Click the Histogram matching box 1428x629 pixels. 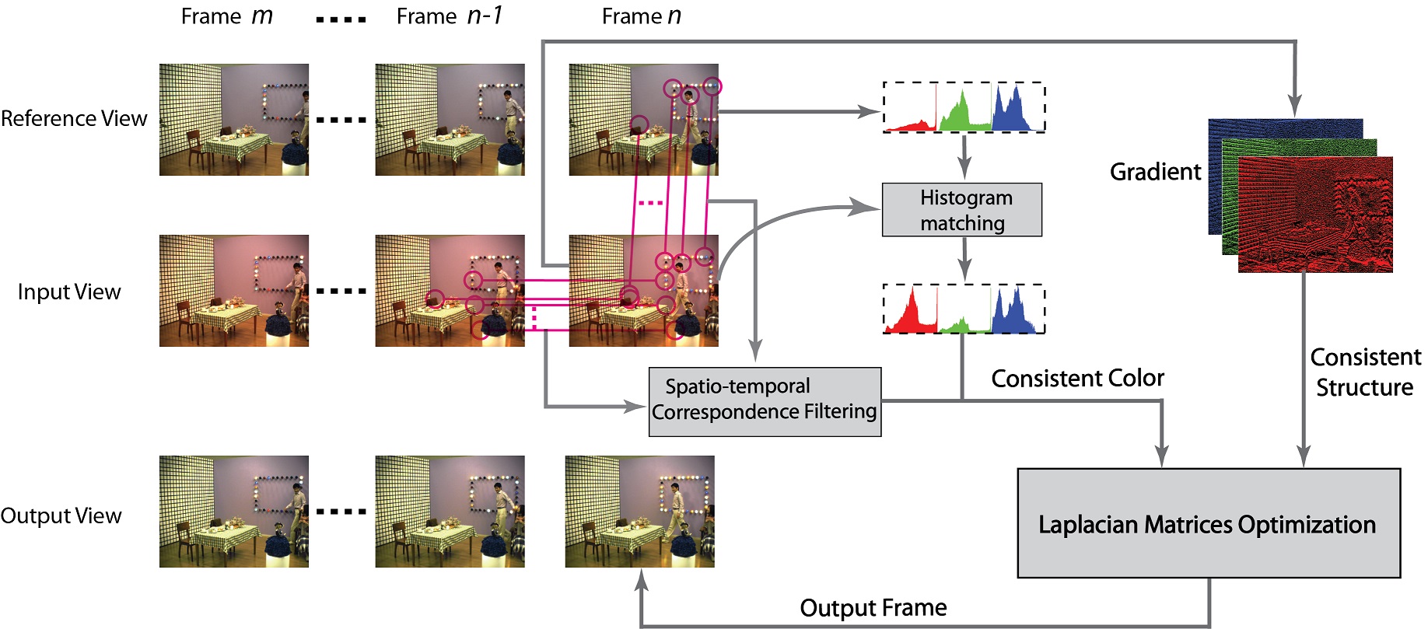tap(961, 210)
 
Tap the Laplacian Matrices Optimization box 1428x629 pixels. tap(1208, 523)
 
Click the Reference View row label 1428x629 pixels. tap(74, 119)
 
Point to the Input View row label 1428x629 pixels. tap(69, 292)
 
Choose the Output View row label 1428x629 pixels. tap(61, 516)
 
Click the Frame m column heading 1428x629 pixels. tap(226, 16)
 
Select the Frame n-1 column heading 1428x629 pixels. tap(450, 16)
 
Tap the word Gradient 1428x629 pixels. tap(1155, 172)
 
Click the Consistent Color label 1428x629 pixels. tap(1077, 379)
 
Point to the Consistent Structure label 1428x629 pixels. tap(1365, 372)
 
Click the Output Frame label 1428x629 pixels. tap(873, 608)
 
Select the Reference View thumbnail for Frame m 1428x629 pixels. tap(234, 120)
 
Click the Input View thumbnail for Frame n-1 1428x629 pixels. tap(450, 291)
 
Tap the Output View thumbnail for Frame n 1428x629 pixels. tap(639, 512)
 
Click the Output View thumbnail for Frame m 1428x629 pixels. tap(234, 512)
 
